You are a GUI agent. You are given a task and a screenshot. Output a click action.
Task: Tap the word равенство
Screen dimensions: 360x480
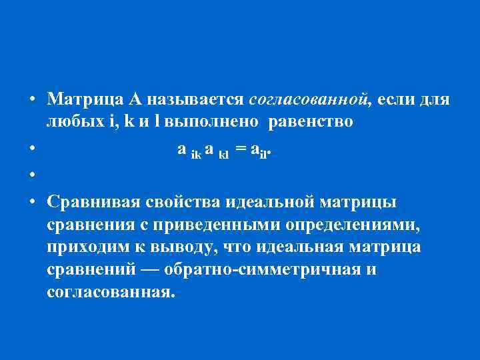pos(306,123)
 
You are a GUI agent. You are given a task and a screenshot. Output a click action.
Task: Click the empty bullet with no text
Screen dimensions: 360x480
pos(31,175)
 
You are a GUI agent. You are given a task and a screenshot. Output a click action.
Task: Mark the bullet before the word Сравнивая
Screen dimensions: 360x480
pos(31,201)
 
